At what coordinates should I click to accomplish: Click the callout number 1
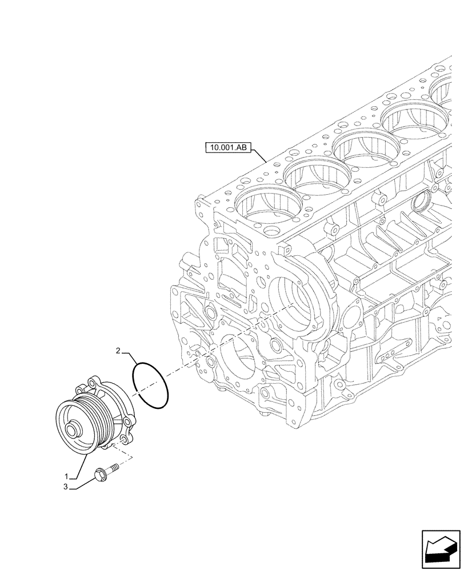[x=67, y=476]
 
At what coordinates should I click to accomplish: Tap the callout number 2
[x=118, y=352]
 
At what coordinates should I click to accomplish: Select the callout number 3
[x=67, y=487]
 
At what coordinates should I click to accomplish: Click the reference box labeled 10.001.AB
[x=229, y=147]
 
